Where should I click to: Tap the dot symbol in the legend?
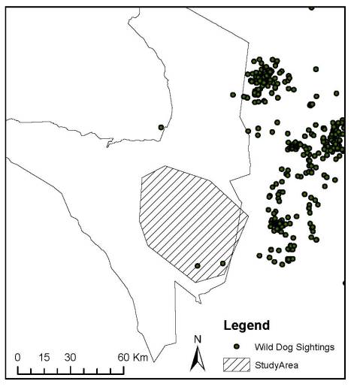coord(237,346)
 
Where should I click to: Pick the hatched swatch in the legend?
coord(237,366)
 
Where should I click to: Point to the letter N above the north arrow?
coord(198,339)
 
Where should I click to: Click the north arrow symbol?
coord(198,359)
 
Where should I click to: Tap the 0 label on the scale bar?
coord(17,357)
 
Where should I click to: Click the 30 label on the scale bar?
coord(70,357)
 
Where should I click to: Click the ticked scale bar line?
coord(71,370)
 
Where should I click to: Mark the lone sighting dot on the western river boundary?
coord(161,127)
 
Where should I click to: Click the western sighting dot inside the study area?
coord(198,265)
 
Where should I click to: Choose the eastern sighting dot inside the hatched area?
coord(222,263)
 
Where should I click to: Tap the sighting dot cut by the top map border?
coord(312,7)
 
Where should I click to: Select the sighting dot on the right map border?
coord(344,283)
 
